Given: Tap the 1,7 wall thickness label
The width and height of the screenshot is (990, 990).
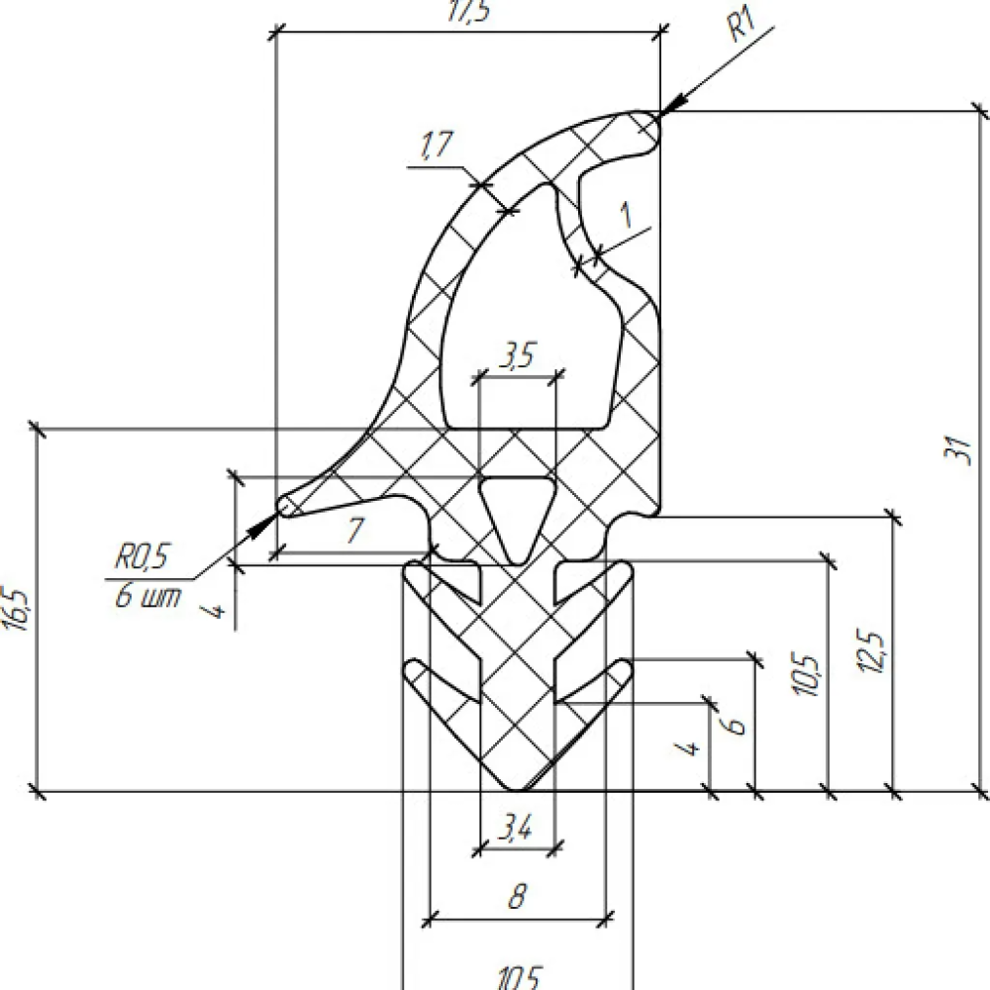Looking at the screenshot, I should point(436,147).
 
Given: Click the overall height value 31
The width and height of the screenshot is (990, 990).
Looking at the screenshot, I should point(956,450).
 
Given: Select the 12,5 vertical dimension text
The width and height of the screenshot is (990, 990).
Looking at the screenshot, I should point(874,653).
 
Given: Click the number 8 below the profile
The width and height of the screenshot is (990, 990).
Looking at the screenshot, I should point(516,899).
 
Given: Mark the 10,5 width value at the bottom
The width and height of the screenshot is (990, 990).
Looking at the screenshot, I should point(519,978).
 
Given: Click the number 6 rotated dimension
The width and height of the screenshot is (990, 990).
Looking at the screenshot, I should point(735,723).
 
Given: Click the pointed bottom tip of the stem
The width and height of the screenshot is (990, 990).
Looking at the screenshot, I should point(517,788).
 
